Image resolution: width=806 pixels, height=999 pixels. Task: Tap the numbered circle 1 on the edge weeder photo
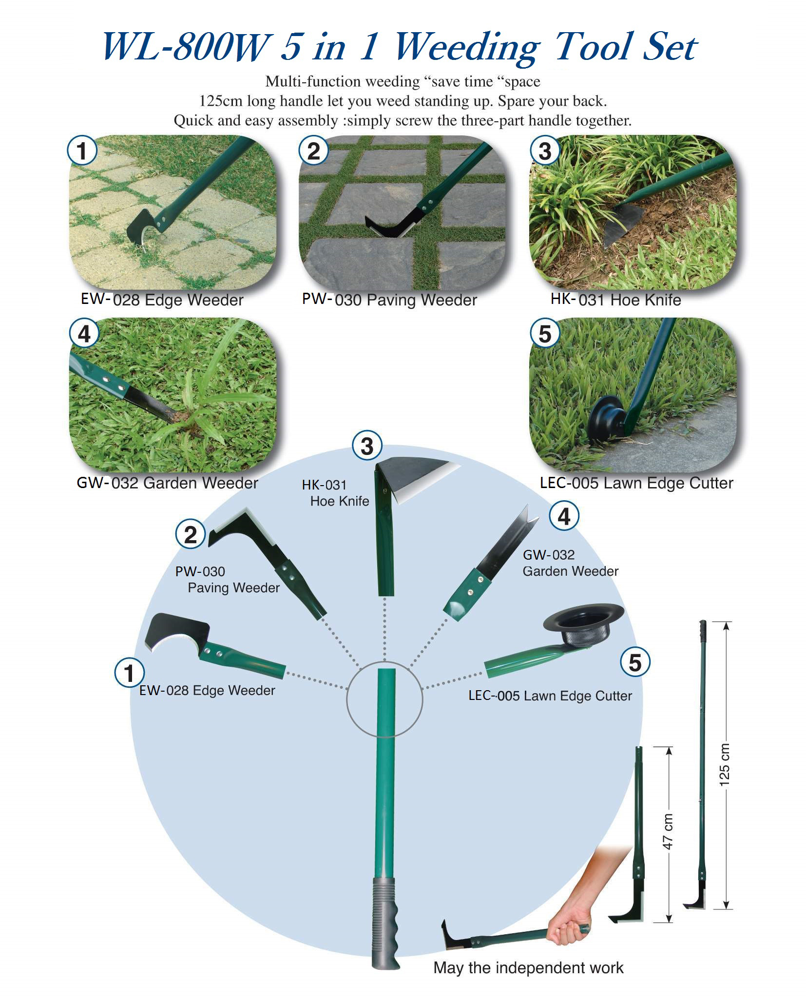82,151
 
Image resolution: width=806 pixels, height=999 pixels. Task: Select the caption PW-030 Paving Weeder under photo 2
389,300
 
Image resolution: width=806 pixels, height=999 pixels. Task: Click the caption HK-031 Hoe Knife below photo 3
615,300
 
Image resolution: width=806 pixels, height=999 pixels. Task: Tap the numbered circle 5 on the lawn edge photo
545,334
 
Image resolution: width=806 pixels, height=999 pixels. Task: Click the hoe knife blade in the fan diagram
414,477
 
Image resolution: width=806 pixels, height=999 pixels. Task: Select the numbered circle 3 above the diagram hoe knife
367,446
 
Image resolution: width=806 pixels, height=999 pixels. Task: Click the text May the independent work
528,967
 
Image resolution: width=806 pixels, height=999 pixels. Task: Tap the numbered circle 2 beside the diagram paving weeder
191,534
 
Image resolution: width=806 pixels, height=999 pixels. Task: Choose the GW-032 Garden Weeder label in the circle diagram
570,563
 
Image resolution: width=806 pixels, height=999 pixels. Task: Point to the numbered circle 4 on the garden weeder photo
84,334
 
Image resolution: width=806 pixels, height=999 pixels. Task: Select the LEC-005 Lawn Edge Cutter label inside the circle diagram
550,696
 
